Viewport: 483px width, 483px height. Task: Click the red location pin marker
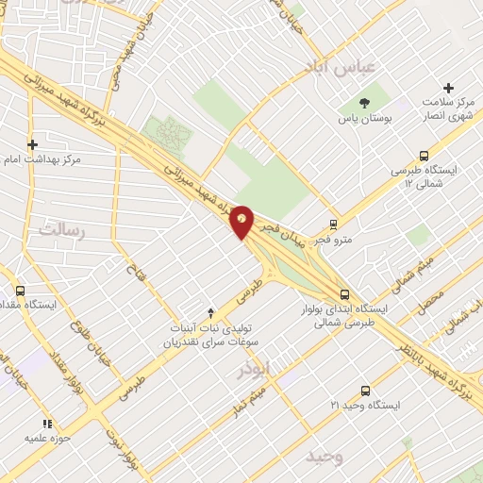pos(242,222)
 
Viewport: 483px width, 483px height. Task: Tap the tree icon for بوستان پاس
pos(365,101)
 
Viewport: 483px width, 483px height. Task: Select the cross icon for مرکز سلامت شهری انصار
pos(449,87)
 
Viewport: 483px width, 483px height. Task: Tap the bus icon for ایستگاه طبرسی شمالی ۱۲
pos(424,157)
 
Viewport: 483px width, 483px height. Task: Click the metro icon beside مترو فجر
pos(333,225)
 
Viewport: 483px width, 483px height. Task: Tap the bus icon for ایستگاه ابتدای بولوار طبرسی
pos(345,293)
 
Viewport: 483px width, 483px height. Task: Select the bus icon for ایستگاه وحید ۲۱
pos(365,390)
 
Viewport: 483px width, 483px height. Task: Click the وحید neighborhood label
pos(325,458)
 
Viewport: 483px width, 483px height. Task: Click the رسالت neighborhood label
pos(62,229)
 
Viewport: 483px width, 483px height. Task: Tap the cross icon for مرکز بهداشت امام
pos(33,144)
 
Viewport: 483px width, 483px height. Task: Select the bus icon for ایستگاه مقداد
pos(21,291)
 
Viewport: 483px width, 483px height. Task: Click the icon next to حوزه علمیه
pos(45,424)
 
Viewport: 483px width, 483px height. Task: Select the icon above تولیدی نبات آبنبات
pos(210,311)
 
